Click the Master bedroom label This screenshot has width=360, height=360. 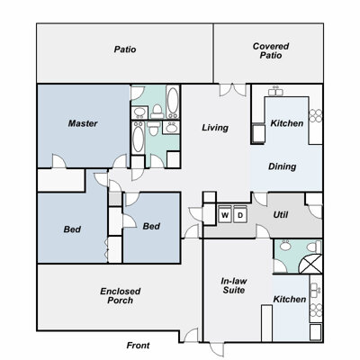pos(83,123)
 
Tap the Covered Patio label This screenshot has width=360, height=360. pos(271,50)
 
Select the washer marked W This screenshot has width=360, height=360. pos(225,215)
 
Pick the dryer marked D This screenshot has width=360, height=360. pos(240,215)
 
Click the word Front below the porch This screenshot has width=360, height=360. pos(138,346)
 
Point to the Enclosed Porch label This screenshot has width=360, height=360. pos(121,296)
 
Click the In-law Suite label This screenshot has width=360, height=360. pos(234,285)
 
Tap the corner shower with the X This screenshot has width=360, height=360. pos(311,264)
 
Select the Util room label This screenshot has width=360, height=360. pos(281,215)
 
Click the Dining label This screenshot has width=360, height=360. pos(283,166)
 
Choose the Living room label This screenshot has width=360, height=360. pos(215,128)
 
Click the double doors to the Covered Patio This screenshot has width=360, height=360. pos(233,90)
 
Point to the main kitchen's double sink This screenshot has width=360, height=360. pos(275,91)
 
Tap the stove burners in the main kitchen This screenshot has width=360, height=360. pos(315,116)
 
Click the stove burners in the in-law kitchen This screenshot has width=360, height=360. pos(316,310)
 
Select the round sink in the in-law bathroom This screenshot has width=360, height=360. pos(285,246)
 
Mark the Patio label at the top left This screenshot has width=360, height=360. pos(125,49)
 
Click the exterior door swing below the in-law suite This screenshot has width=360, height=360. pos(217,349)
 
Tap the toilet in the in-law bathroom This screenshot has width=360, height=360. pos(314,247)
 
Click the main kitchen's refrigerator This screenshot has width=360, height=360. pos(258,134)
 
